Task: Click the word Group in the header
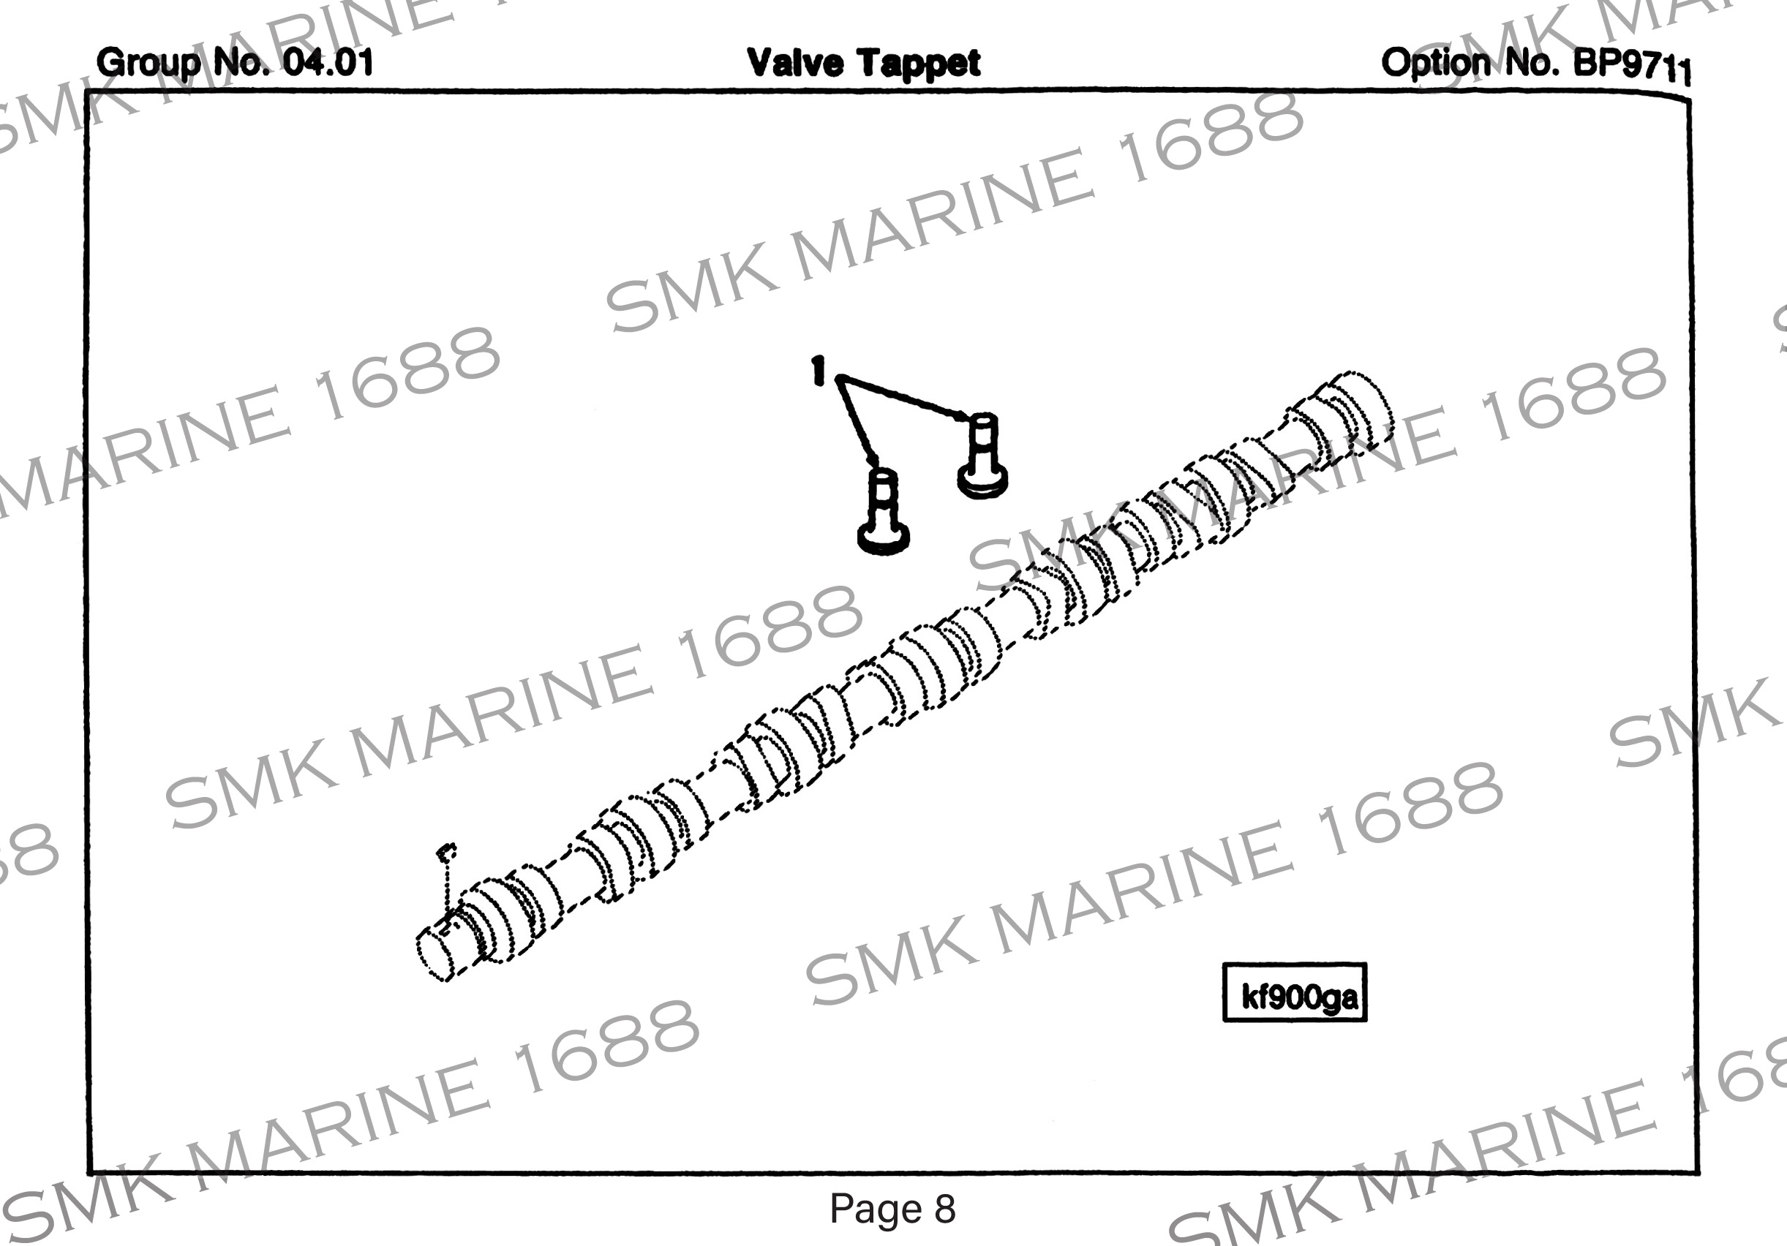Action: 147,62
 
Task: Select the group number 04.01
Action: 328,62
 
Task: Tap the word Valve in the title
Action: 794,62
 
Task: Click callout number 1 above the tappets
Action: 817,371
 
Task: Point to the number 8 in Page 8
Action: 944,1209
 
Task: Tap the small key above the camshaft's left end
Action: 446,850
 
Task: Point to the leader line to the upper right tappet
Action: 903,398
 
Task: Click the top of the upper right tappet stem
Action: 982,421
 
